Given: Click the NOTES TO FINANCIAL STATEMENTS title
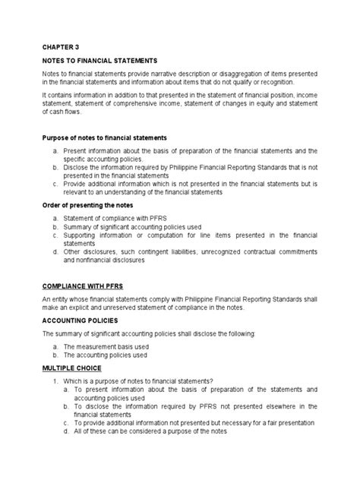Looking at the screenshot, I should [x=99, y=59].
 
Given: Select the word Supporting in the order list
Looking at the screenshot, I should [x=82, y=235].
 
